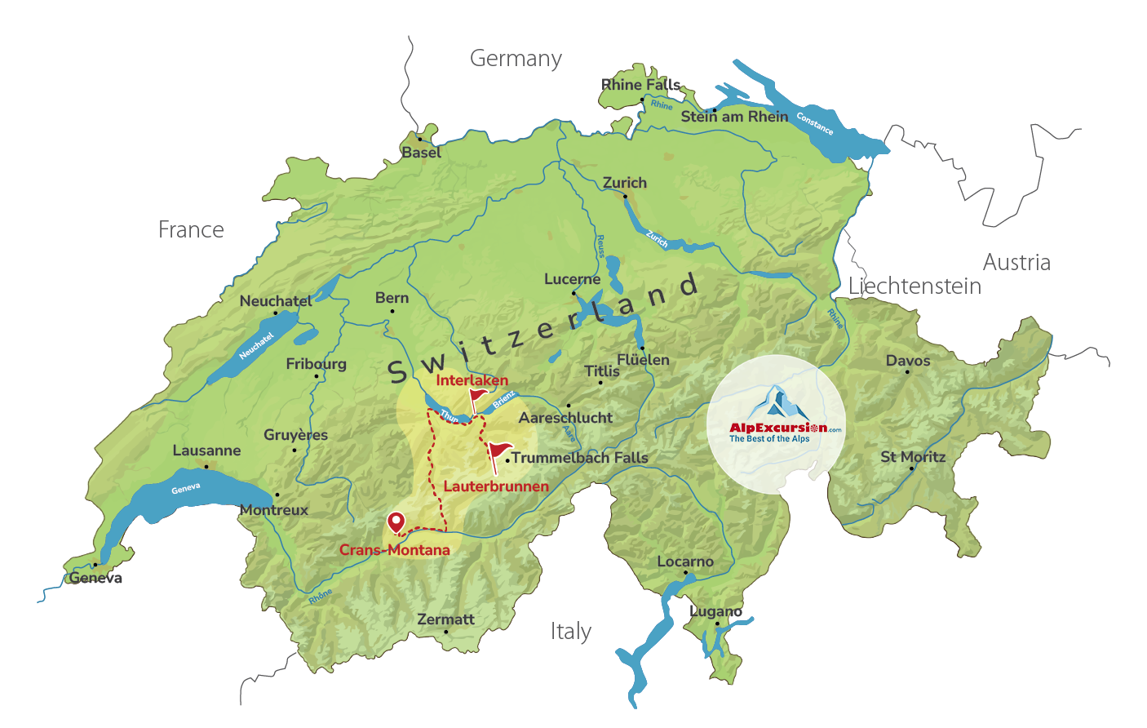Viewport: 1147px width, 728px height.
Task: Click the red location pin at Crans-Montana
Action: tap(396, 522)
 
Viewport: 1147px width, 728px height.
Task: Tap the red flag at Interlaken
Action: tap(478, 397)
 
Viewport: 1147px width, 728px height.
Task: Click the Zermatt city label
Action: tap(445, 619)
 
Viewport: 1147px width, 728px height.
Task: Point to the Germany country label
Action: tap(516, 59)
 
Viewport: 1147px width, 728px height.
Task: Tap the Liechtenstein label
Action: tap(914, 286)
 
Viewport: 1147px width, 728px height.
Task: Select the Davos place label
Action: tap(908, 361)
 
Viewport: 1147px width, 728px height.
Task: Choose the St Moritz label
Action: tap(913, 457)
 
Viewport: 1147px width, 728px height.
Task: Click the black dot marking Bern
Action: tap(392, 311)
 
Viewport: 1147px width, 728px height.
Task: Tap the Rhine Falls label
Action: tap(640, 85)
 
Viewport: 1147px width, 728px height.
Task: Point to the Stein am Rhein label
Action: tap(735, 117)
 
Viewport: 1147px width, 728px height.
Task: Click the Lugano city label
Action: tap(715, 611)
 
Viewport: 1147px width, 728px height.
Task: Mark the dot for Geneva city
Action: tap(95, 565)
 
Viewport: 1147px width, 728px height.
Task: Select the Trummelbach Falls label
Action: tap(580, 458)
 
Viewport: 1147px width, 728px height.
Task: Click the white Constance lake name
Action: tap(815, 123)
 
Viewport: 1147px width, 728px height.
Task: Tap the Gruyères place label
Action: tap(295, 435)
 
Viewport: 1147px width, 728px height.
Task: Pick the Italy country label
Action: tap(570, 632)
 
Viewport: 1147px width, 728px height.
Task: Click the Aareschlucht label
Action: tap(565, 418)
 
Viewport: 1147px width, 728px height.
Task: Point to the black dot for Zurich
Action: tap(625, 196)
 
